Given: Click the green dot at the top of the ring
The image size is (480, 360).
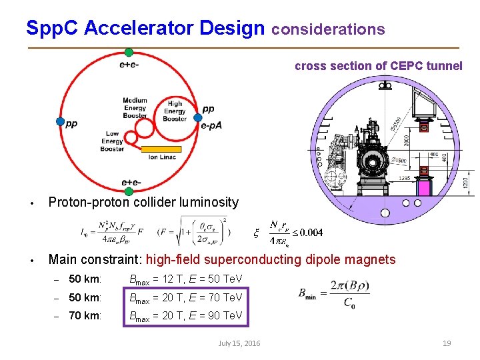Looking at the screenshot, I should [129, 53].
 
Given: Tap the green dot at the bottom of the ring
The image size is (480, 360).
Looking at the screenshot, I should [129, 192].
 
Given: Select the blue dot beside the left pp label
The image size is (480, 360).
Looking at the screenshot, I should [60, 122].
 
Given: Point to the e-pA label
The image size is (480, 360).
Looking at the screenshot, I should [211, 125].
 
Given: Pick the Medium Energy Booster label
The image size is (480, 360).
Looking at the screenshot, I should [135, 109].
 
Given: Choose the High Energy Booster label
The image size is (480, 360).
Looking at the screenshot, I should [175, 111].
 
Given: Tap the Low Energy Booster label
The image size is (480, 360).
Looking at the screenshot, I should [112, 141].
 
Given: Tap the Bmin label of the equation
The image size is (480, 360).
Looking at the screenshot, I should [311, 292].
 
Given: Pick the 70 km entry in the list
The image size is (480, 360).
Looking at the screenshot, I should [85, 315].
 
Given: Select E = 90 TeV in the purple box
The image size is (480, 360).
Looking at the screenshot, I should [217, 315].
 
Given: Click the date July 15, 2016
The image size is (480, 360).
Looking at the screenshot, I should [239, 343].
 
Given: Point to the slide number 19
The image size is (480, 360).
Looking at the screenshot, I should [447, 343].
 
